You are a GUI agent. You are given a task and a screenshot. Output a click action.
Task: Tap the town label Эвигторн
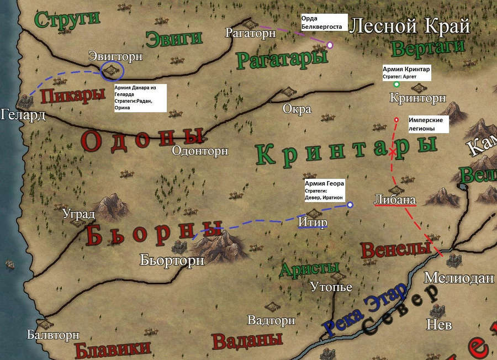tap(115, 56)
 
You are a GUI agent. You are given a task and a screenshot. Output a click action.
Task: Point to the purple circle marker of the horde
tap(330, 45)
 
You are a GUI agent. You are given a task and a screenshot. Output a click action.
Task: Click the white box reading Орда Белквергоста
tap(324, 22)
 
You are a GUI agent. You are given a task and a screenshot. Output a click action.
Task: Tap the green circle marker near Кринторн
tap(396, 84)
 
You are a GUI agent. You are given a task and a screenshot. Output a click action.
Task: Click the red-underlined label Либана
tap(394, 200)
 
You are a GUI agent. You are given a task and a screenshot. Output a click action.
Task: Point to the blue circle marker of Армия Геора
tap(350, 205)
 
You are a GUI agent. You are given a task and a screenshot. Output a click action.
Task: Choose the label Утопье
tap(331, 287)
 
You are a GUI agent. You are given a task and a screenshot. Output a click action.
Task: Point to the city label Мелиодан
tap(458, 278)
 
